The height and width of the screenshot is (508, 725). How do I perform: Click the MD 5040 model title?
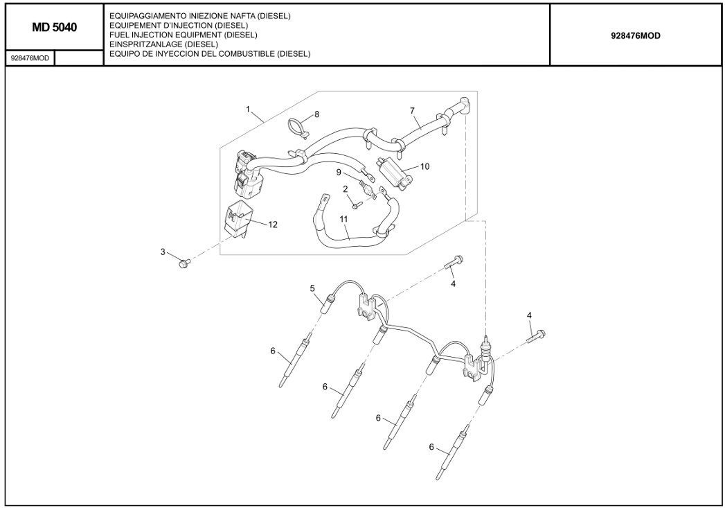click(54, 28)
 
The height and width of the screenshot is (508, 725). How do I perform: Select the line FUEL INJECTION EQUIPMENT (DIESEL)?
click(184, 35)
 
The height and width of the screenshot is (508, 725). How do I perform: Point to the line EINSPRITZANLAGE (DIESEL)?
click(164, 44)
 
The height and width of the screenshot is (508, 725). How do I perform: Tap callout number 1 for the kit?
click(248, 110)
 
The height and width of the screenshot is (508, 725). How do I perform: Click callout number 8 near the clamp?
click(316, 114)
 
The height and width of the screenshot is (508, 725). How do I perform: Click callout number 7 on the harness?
click(411, 110)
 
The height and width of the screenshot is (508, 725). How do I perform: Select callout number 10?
click(425, 166)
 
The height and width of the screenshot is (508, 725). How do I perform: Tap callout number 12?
click(273, 225)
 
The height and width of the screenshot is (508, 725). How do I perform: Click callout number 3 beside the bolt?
click(163, 252)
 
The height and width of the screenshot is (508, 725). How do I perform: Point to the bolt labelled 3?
click(184, 263)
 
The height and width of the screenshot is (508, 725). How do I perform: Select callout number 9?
click(339, 172)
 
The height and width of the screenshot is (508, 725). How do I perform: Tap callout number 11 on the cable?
click(343, 218)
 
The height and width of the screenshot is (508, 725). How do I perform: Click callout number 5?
click(312, 288)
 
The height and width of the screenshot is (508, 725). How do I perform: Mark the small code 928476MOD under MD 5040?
click(30, 58)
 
